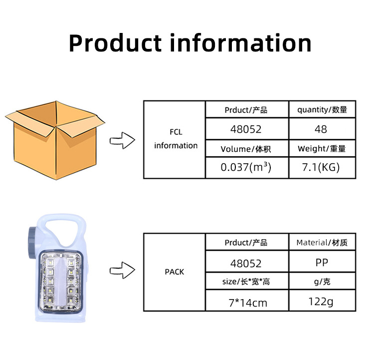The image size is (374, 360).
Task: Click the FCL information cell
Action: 176,139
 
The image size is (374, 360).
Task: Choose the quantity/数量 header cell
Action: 322,109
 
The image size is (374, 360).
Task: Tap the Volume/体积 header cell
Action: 246,148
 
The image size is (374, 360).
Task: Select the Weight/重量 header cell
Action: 322,148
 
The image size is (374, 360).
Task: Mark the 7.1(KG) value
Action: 322,167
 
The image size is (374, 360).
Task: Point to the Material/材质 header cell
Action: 322,243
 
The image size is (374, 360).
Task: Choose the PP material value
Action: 322,262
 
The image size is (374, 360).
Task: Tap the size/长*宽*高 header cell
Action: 246,282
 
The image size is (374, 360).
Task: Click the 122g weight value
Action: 322,301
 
